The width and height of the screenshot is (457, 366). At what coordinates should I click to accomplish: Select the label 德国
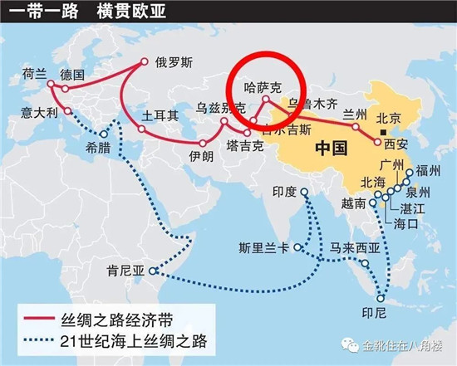(74, 73)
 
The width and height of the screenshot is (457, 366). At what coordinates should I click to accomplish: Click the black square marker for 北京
(382, 132)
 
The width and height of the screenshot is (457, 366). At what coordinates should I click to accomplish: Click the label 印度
(284, 192)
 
